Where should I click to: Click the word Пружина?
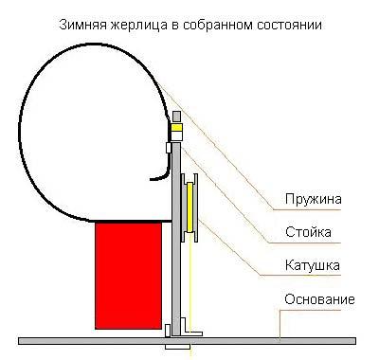313,200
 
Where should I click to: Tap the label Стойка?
308,232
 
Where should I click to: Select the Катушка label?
312,265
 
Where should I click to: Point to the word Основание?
319,300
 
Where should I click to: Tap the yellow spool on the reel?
191,208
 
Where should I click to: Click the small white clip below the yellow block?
171,146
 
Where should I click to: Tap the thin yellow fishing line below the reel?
192,284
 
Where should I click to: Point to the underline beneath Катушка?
312,276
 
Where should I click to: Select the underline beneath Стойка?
308,243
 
